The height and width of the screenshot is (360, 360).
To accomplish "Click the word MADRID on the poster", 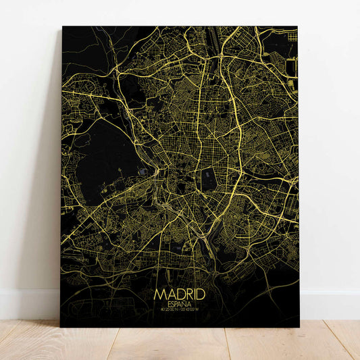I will pos(179,294).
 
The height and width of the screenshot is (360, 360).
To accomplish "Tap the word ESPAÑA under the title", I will pos(179,305).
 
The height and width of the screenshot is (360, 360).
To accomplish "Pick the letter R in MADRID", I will pos(187,294).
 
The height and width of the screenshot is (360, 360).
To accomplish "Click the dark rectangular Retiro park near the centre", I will pos(207,178).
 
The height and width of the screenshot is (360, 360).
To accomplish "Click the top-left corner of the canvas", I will pos(63,27).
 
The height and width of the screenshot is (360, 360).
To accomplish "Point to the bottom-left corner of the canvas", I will pos(61,327).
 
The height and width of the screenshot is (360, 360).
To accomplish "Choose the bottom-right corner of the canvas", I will pos(299,327).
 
